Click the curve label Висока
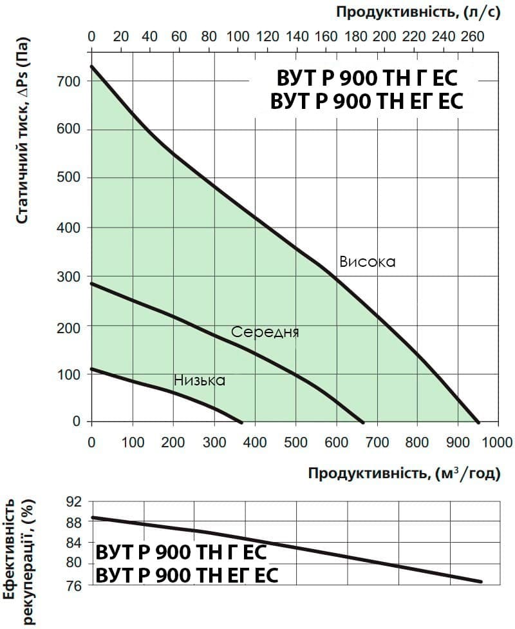[367, 262]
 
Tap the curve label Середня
[265, 332]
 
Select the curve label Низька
[200, 380]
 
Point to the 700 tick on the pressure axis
[68, 81]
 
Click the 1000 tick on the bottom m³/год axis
[498, 442]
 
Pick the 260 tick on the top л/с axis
[473, 37]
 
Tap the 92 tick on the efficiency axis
[73, 501]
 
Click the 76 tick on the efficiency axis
[73, 586]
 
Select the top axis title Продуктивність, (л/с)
[418, 13]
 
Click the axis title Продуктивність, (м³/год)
[404, 473]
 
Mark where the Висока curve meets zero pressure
[478, 422]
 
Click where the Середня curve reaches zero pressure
[363, 422]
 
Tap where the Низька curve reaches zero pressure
[241, 422]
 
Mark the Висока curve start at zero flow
[92, 66]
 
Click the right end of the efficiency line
[481, 581]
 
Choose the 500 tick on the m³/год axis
[295, 442]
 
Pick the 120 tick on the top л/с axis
[268, 37]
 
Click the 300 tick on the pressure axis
[68, 276]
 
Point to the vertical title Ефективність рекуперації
[19, 561]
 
